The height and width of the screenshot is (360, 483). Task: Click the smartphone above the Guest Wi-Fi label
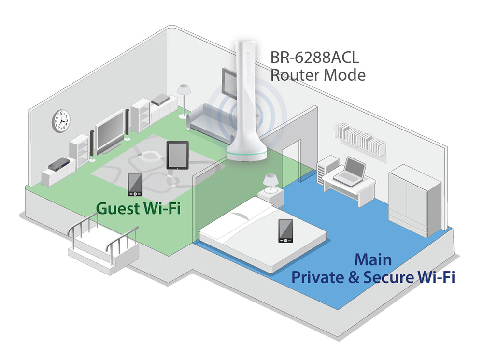pos(135,184)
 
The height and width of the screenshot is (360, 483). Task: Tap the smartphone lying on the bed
pos(285,230)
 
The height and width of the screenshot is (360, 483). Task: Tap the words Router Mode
pos(317,75)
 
